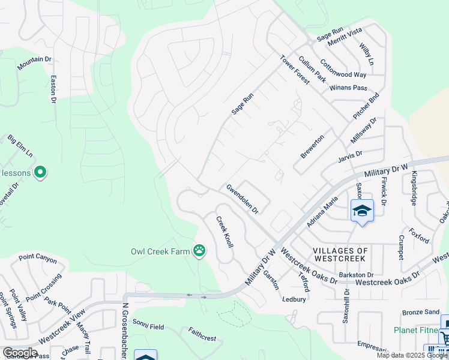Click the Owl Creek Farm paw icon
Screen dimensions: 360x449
pos(199,251)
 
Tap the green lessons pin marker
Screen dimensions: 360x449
pos(40,173)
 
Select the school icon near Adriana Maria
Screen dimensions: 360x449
pos(362,211)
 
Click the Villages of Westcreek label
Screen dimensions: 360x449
pos(339,254)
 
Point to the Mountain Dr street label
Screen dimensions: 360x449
pos(34,59)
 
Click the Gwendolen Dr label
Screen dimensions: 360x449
pos(242,199)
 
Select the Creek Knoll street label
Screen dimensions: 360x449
pos(224,232)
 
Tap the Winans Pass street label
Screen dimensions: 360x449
pos(348,88)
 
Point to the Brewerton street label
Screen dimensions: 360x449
pos(312,146)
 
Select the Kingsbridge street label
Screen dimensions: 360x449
pos(414,190)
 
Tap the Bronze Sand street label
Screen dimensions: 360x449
pos(421,312)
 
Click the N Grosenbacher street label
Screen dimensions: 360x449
pos(126,331)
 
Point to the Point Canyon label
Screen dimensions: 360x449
pos(37,259)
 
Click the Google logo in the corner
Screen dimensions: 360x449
pos(20,352)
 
